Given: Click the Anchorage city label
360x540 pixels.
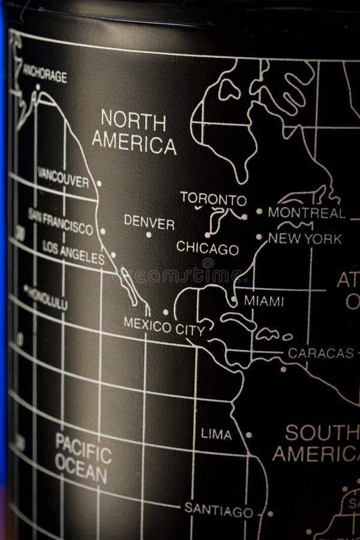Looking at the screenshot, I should (44, 76).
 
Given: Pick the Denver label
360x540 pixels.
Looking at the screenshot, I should (149, 222).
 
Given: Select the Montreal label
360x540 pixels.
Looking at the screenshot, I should (307, 212).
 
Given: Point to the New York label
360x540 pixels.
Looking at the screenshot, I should (305, 239).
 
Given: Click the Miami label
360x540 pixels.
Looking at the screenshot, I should (263, 301).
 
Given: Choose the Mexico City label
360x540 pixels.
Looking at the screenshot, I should (164, 325).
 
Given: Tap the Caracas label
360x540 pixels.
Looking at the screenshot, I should (320, 353).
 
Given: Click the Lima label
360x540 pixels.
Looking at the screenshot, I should (216, 434).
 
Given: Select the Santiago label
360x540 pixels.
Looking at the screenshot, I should (218, 511).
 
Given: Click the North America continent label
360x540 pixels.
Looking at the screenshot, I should (134, 132).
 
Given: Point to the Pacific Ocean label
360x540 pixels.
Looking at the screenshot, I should (82, 457).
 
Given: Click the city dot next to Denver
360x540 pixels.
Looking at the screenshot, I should (149, 235).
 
